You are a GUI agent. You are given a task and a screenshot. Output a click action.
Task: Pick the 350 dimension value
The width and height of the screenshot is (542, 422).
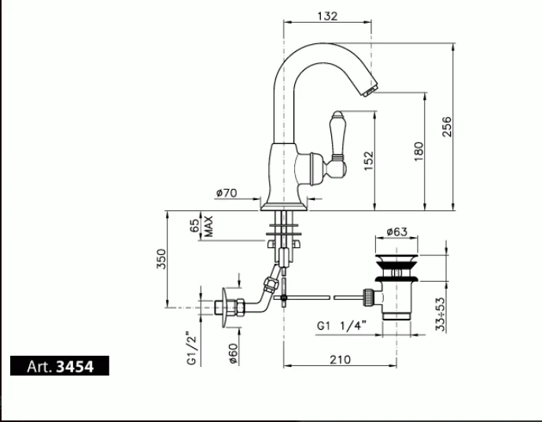(160, 258)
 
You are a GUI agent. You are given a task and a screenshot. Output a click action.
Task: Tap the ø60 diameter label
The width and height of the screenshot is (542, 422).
(233, 354)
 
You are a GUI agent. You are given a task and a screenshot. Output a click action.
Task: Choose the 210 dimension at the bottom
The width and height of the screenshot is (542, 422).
(338, 360)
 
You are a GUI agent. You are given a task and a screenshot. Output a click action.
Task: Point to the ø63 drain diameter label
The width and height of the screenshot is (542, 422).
(396, 231)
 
